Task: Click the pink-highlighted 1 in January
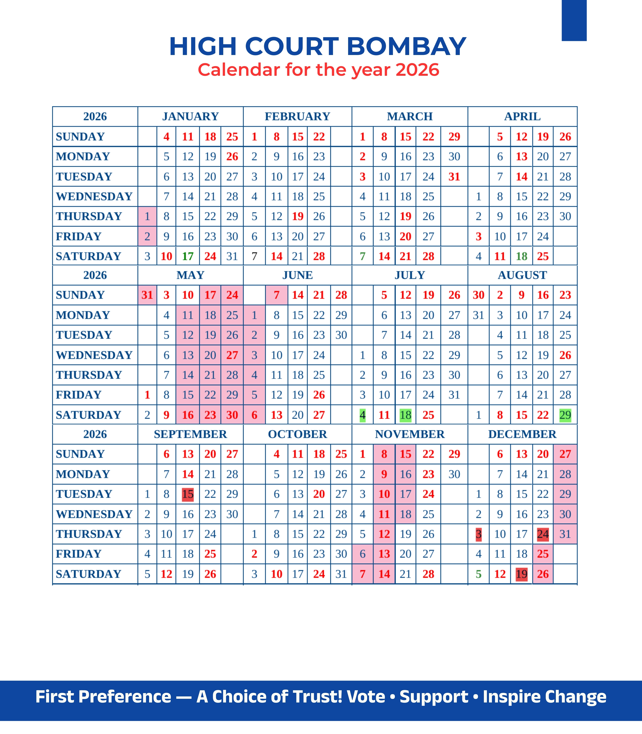pos(147,216)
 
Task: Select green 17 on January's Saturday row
pos(188,256)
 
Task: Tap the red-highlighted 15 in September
pos(188,494)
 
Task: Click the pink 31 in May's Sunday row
pos(147,295)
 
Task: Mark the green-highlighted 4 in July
pos(363,415)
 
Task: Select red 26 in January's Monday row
pos(232,157)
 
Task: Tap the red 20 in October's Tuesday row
pos(319,494)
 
